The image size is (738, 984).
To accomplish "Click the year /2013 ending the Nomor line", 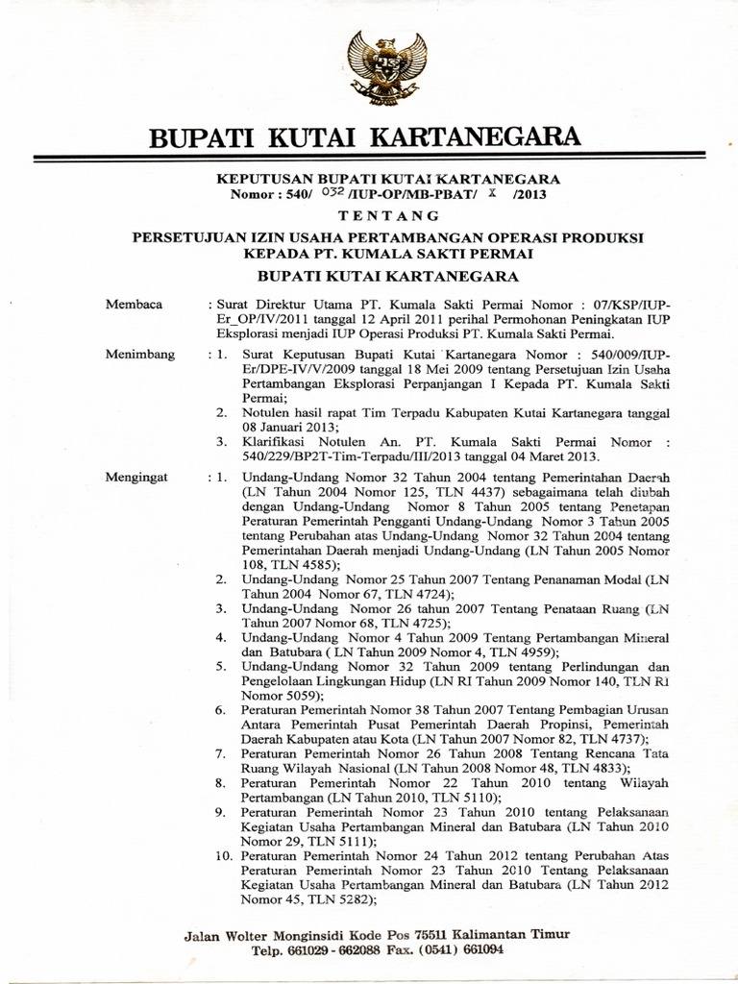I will [533, 192].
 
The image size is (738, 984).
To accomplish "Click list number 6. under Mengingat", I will [220, 709].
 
